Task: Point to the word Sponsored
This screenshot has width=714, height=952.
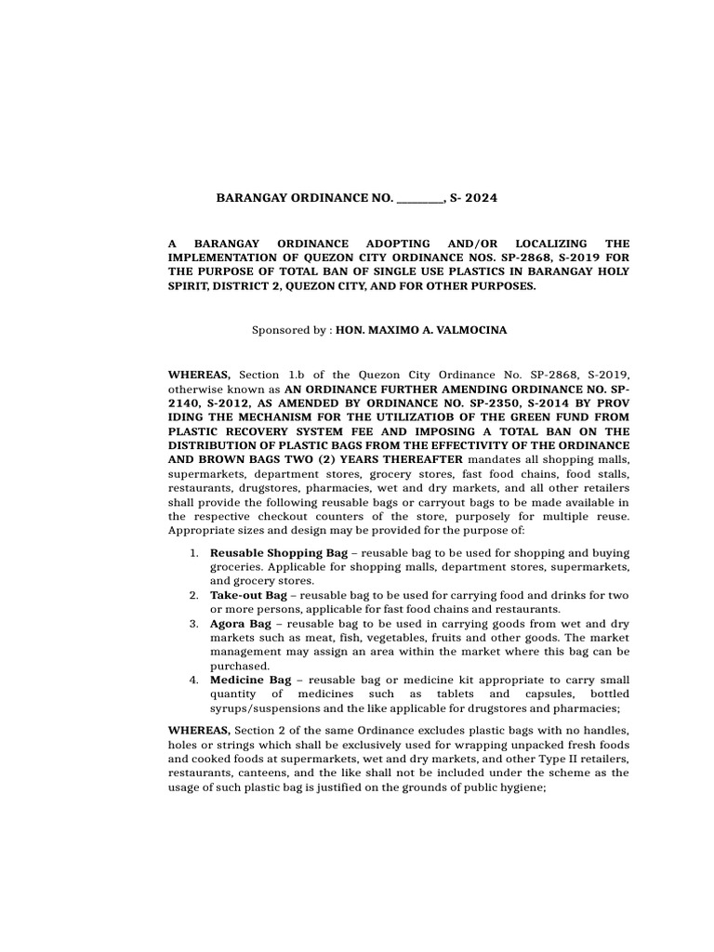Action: (279, 330)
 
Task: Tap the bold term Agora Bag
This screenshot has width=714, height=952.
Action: (240, 623)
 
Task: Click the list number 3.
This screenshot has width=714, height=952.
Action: (193, 623)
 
